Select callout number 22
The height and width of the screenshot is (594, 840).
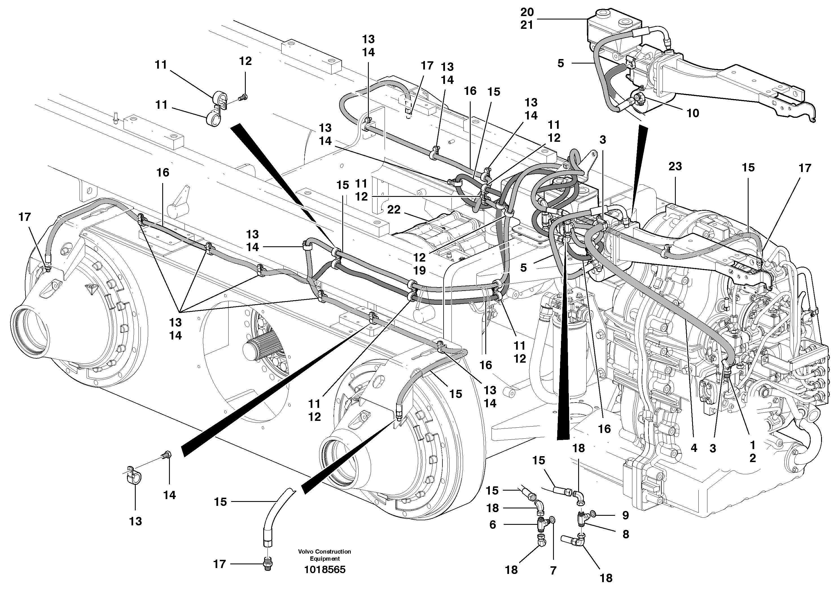[x=394, y=210]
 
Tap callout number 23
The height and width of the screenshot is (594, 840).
[x=675, y=166]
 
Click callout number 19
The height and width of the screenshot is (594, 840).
[x=420, y=270]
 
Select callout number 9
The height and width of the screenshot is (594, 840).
[x=626, y=515]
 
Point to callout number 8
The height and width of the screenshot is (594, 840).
[x=626, y=534]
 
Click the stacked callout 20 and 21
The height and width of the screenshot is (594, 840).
[x=527, y=19]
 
